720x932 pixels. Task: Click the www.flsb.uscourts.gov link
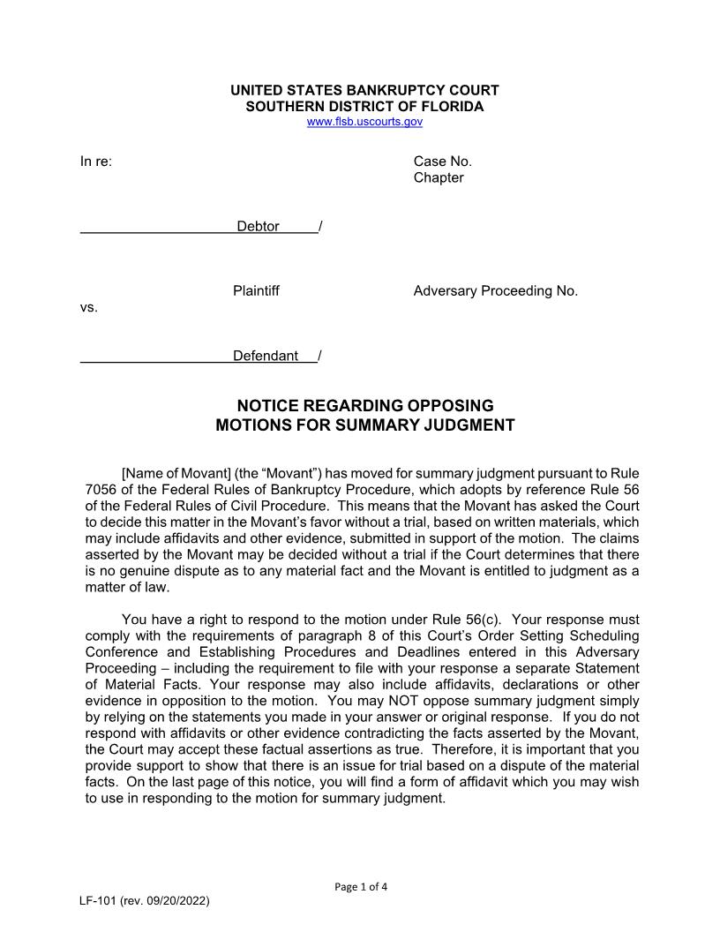[x=364, y=122]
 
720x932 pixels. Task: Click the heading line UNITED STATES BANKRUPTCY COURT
[x=364, y=91]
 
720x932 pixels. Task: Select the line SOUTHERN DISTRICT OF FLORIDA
[x=364, y=107]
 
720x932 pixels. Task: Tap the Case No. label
[x=443, y=162]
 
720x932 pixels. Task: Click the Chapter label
[x=439, y=177]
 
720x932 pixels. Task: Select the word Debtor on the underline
[x=258, y=227]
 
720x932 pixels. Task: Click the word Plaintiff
[x=256, y=291]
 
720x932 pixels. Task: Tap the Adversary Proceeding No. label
[x=495, y=291]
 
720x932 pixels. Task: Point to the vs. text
[x=89, y=308]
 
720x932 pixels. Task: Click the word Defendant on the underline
[x=266, y=357]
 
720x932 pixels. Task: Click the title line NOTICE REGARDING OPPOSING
[x=365, y=406]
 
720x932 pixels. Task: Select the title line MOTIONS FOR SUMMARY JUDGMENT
[x=365, y=425]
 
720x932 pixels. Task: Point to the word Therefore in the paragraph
[x=415, y=749]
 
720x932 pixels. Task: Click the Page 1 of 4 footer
[x=361, y=887]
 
